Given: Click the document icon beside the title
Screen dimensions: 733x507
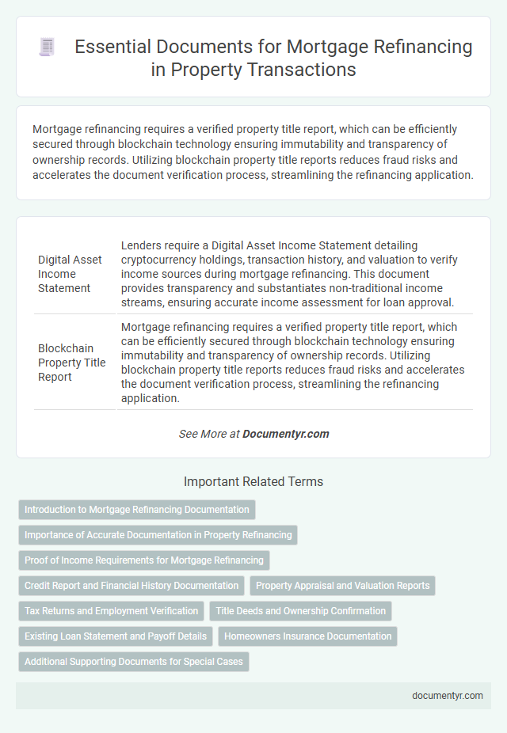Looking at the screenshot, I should pyautogui.click(x=46, y=47).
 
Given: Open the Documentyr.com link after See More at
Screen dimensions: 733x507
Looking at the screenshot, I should pyautogui.click(x=285, y=434).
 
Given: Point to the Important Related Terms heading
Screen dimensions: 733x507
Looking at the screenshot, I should pyautogui.click(x=253, y=481).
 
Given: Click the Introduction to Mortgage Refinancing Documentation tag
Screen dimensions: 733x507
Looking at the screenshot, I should pyautogui.click(x=137, y=510).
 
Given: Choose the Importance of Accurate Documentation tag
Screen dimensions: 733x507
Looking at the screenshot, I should pyautogui.click(x=158, y=535).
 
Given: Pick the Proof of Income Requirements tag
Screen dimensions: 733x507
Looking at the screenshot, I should pyautogui.click(x=144, y=560).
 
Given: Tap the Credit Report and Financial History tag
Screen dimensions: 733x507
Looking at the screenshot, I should pyautogui.click(x=132, y=586).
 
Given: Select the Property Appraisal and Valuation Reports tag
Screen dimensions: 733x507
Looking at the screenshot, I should pyautogui.click(x=343, y=586).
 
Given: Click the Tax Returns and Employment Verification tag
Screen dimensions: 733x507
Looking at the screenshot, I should pyautogui.click(x=112, y=611).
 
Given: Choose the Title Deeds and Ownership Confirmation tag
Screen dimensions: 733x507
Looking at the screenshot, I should pyautogui.click(x=301, y=611).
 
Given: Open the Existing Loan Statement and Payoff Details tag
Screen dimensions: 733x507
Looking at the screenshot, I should pyautogui.click(x=116, y=636).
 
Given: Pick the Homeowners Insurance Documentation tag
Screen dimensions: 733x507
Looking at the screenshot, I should pyautogui.click(x=308, y=636).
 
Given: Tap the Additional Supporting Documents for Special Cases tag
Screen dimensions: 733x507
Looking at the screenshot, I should pyautogui.click(x=134, y=661).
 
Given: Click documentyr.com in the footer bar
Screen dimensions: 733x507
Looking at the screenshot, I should pyautogui.click(x=448, y=696).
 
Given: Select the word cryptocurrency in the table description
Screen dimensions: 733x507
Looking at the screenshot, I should pyautogui.click(x=163, y=260).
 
